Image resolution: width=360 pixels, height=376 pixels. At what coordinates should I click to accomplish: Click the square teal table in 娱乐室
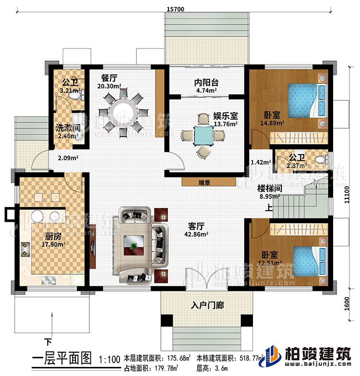tap(204, 136)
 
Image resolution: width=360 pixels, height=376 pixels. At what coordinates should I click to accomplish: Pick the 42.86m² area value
tap(196, 235)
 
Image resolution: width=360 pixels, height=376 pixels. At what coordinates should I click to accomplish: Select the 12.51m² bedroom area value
tap(270, 263)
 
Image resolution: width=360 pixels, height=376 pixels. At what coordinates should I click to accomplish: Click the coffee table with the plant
tap(132, 245)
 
